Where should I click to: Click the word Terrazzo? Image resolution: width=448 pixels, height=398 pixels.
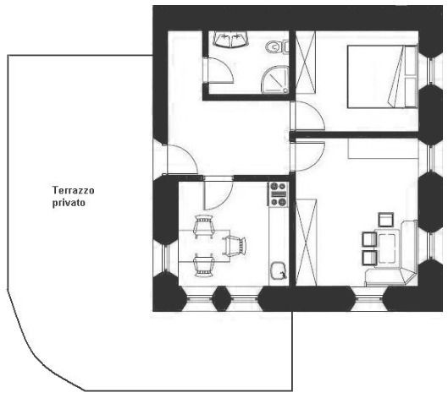73,190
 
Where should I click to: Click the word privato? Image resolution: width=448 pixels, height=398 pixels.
69,203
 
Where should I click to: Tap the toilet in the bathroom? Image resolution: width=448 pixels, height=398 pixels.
277,46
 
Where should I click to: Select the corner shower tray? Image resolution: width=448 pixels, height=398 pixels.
275,79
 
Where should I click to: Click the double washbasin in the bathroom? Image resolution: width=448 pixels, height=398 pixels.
231,40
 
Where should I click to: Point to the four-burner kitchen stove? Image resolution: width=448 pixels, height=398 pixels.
279,194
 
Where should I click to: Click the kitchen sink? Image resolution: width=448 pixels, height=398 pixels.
279,271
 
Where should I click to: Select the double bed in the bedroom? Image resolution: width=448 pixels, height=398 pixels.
382,77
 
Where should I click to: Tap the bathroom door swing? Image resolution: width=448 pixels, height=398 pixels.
218,70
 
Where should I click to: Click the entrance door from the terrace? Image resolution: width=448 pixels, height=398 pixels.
181,159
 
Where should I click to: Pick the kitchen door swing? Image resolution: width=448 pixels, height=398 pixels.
218,194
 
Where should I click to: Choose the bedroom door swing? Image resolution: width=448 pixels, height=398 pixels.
308,116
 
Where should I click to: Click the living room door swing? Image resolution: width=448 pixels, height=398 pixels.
308,155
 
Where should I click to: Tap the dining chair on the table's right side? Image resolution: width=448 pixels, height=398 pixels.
235,245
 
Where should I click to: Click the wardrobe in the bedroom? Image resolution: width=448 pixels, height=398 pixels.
306,63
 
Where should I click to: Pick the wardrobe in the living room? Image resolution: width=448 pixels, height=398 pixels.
307,243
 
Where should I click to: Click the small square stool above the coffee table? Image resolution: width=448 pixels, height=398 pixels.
385,220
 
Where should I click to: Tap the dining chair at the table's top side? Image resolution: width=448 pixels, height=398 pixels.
203,226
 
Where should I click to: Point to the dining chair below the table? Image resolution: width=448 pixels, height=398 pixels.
203,265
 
